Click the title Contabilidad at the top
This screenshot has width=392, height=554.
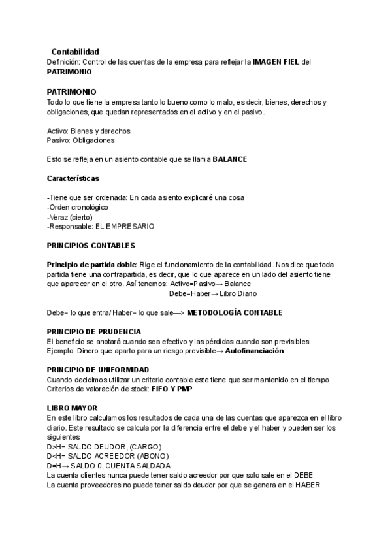[75, 52]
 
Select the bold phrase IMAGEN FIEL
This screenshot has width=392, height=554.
[276, 61]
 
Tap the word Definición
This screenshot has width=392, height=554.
[63, 61]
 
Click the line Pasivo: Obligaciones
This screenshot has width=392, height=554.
[81, 140]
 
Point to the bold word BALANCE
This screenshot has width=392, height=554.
[230, 159]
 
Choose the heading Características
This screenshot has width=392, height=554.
[73, 178]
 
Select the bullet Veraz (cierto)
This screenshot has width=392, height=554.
[71, 217]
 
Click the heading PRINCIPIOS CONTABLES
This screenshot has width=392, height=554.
[91, 245]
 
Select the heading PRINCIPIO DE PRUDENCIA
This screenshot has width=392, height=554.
[94, 332]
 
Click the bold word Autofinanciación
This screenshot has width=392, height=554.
[254, 351]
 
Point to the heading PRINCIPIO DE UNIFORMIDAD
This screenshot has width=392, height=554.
[98, 370]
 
